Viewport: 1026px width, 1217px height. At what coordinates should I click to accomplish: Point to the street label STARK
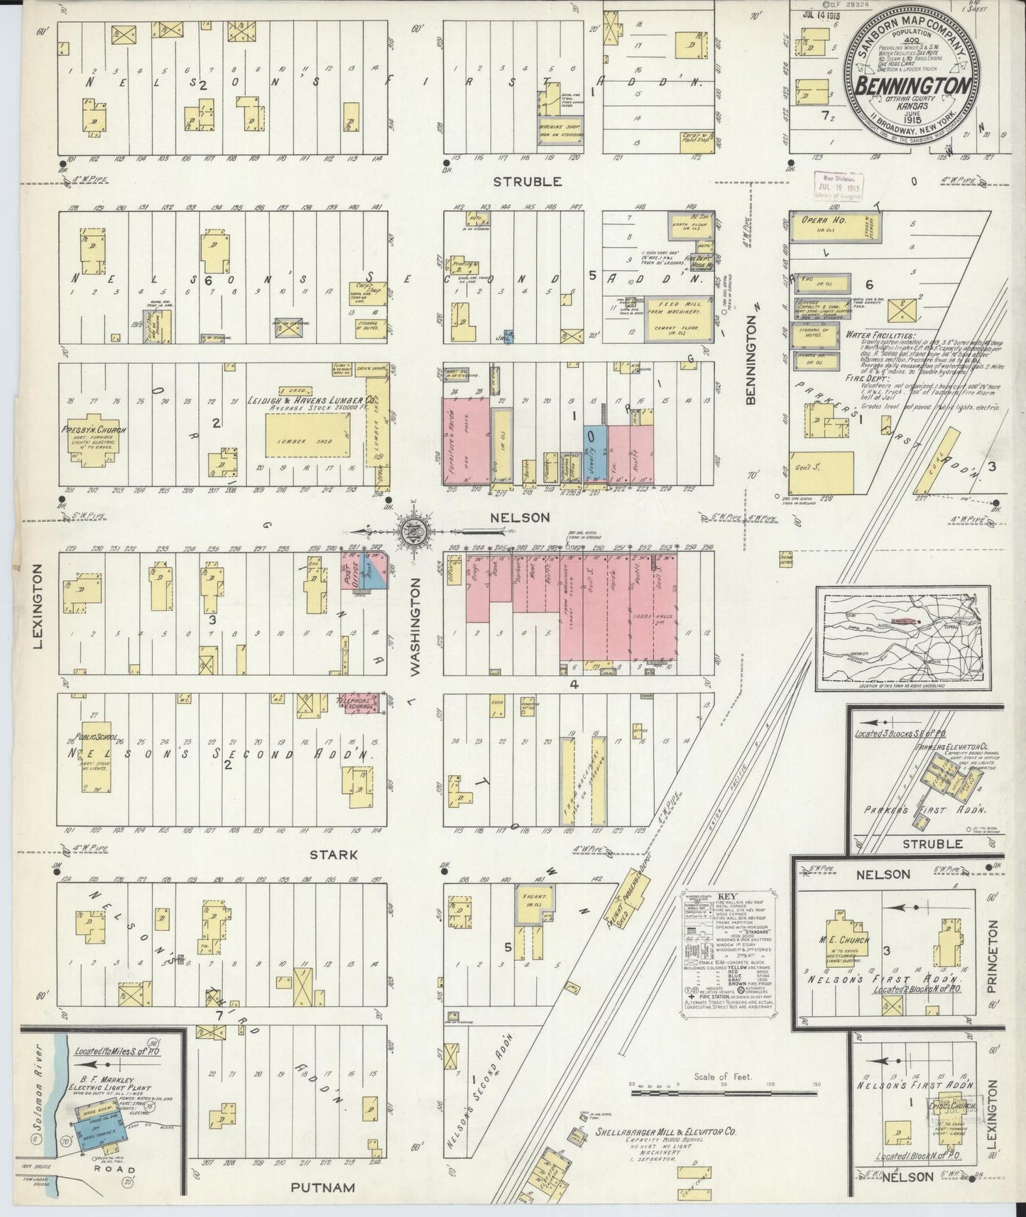[333, 856]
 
